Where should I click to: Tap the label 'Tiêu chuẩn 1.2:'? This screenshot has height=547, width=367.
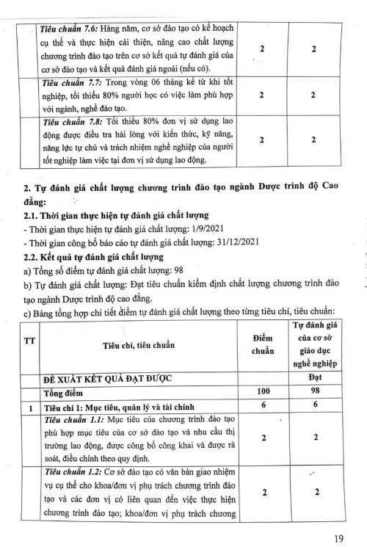coord(71,474)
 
